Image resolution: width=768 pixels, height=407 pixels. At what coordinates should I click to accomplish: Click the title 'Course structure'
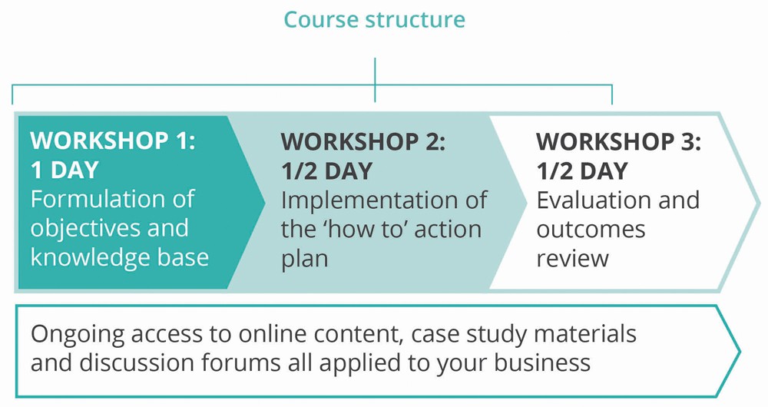[374, 20]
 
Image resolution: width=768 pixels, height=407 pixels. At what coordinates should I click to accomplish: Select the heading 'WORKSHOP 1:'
[113, 141]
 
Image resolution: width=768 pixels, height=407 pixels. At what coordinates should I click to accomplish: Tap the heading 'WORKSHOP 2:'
[363, 141]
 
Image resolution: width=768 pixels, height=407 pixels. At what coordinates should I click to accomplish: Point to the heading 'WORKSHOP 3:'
[619, 141]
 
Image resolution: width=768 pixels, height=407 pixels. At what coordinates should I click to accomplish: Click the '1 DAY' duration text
[65, 170]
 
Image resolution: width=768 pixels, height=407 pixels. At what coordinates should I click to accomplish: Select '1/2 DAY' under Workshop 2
[326, 171]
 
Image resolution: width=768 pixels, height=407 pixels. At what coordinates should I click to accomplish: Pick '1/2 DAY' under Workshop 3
[582, 171]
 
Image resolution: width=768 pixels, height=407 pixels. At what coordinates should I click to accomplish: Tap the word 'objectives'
[76, 229]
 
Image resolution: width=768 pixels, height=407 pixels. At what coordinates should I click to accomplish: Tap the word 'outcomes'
[591, 230]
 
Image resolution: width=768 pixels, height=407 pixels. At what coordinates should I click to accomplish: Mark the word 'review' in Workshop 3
[573, 259]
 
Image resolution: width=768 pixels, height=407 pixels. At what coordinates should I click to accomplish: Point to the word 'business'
[542, 363]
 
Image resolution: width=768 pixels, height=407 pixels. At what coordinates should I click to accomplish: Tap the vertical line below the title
[375, 79]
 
